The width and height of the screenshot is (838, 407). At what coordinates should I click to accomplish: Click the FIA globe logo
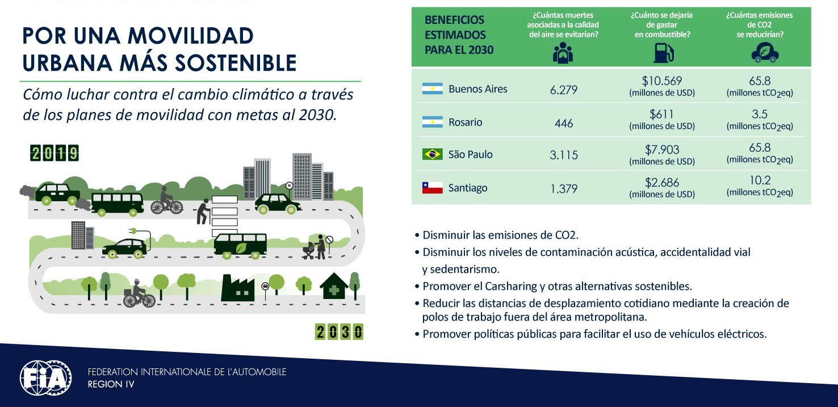click(x=45, y=378)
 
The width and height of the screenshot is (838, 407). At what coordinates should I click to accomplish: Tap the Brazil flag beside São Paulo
click(x=432, y=154)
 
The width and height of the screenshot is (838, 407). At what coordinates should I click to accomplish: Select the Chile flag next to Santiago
click(x=432, y=188)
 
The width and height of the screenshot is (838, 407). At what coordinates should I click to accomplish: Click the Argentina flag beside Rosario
click(x=432, y=122)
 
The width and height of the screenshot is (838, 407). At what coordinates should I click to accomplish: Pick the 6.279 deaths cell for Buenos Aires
click(x=563, y=89)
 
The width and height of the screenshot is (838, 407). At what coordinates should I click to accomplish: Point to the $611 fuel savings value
click(x=661, y=114)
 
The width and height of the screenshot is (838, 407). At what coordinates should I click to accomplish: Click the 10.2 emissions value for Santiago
click(x=760, y=180)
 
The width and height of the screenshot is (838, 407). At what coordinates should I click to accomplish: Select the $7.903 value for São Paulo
click(x=662, y=149)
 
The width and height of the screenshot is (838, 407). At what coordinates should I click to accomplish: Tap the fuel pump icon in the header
click(x=663, y=53)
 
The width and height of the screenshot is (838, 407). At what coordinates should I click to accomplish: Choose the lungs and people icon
click(x=563, y=53)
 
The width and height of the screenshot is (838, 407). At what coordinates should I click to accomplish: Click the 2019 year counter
click(x=55, y=153)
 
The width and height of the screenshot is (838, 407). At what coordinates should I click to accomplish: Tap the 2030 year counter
click(x=340, y=332)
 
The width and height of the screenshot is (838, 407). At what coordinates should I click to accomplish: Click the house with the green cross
click(x=334, y=286)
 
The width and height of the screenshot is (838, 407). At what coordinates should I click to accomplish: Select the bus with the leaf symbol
click(x=240, y=246)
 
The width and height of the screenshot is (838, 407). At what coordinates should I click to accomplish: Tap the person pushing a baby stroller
click(x=315, y=247)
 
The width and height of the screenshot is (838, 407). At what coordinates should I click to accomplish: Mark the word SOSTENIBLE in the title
click(x=236, y=63)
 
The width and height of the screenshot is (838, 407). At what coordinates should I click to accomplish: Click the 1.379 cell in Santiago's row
click(x=564, y=188)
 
